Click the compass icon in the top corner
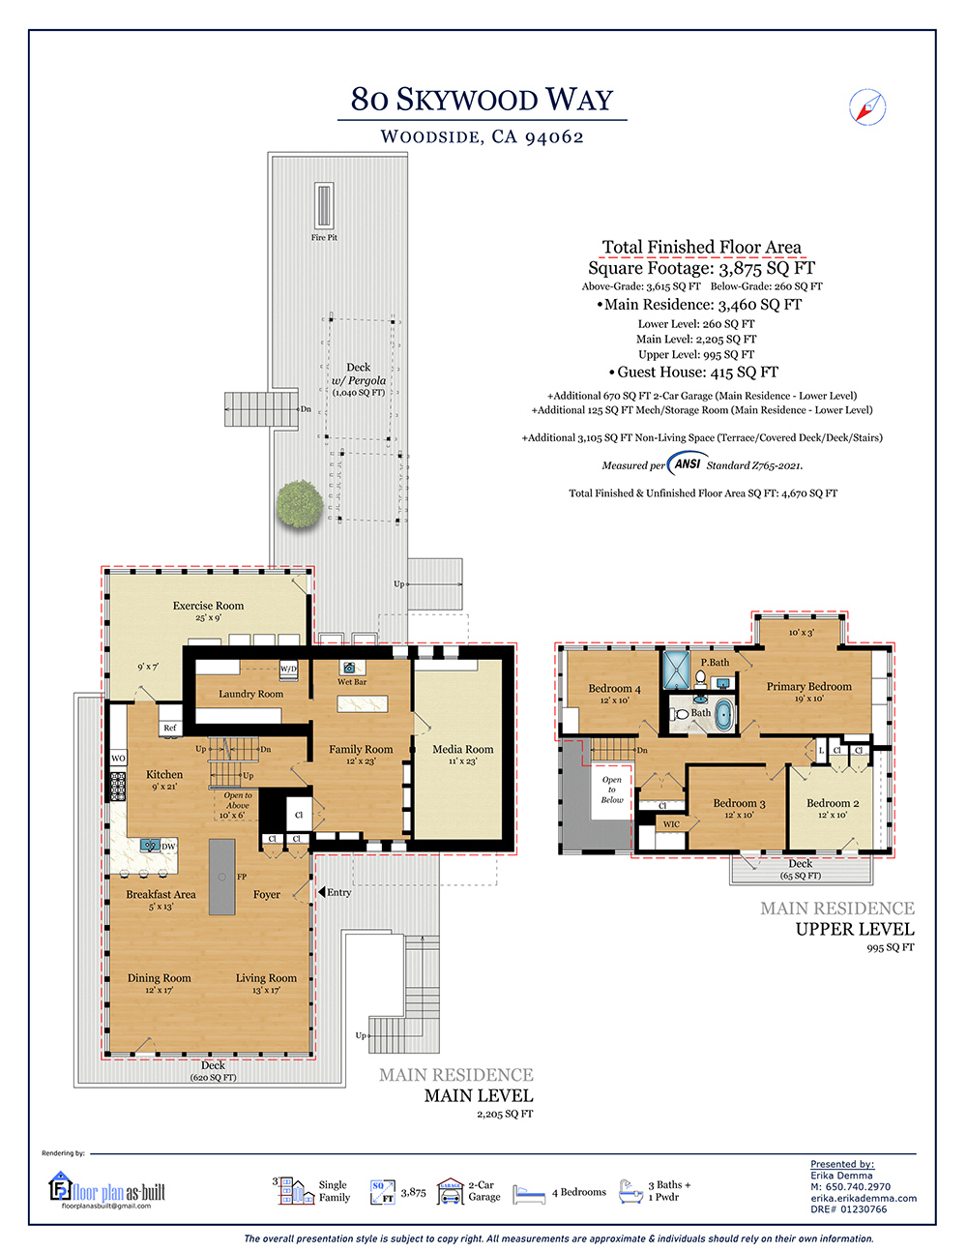pyautogui.click(x=867, y=106)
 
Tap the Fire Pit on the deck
pyautogui.click(x=324, y=206)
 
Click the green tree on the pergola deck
pyautogui.click(x=300, y=503)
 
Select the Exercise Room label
pyautogui.click(x=208, y=606)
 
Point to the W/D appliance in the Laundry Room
pyautogui.click(x=288, y=669)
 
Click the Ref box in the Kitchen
pyautogui.click(x=170, y=728)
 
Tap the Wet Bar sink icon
pyautogui.click(x=349, y=668)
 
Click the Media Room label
pyautogui.click(x=463, y=749)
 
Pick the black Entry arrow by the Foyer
pyautogui.click(x=322, y=892)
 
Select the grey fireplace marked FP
pyautogui.click(x=221, y=877)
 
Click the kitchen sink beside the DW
pyautogui.click(x=150, y=846)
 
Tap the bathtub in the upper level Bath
pyautogui.click(x=724, y=715)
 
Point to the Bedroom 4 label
pyautogui.click(x=614, y=689)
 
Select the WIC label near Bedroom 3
pyautogui.click(x=671, y=824)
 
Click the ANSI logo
pyautogui.click(x=687, y=463)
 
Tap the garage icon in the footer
pyautogui.click(x=450, y=1191)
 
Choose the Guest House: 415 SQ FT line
pyautogui.click(x=693, y=373)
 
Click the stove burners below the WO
pyautogui.click(x=117, y=784)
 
